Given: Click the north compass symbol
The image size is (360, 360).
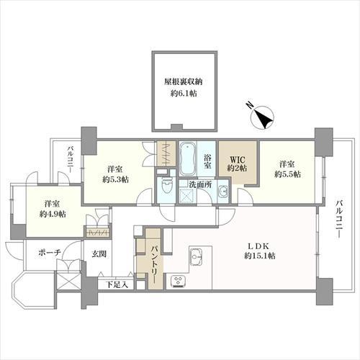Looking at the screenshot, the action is [261, 117].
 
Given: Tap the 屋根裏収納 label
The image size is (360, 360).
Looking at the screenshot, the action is [184, 82].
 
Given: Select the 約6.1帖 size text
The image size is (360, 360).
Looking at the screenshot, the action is [184, 94].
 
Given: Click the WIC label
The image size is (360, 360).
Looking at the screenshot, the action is [238, 159].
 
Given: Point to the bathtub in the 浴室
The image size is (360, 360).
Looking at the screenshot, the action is [188, 158].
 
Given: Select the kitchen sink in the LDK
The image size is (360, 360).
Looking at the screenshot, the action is [197, 256].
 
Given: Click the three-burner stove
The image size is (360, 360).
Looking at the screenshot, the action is [179, 281].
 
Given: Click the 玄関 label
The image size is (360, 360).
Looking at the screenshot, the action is [99, 254].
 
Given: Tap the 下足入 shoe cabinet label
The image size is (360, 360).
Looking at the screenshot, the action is [117, 285].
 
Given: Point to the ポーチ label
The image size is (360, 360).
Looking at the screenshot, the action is [50, 252].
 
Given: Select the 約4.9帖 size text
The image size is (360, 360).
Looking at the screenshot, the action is [53, 214].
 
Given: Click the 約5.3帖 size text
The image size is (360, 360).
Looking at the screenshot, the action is [115, 179].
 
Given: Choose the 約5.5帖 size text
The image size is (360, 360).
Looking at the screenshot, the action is [287, 174].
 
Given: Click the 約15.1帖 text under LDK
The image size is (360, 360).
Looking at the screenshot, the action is [260, 256].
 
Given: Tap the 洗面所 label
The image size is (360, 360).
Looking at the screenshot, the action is [200, 184].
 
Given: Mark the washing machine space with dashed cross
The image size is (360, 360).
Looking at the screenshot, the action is [187, 197].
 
